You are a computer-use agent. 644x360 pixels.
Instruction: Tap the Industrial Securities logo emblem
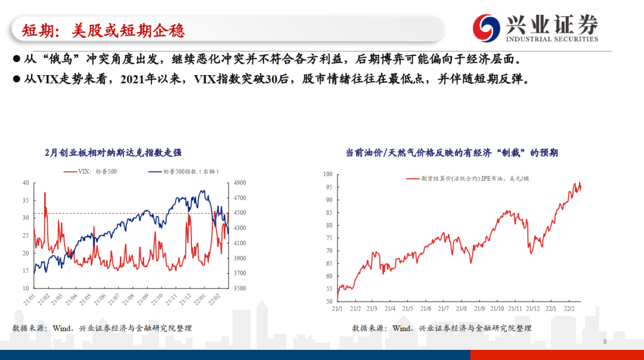click(487, 27)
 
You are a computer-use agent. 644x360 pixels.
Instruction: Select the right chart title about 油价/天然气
click(451, 153)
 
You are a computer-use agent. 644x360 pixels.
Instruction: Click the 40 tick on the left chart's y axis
click(25, 183)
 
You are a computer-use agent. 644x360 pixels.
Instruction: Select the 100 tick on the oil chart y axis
click(327, 175)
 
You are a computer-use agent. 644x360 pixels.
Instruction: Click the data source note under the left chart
click(102, 328)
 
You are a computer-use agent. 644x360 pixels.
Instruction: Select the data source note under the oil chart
click(442, 328)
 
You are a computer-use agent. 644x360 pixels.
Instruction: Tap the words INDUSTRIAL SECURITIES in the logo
click(552, 39)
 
